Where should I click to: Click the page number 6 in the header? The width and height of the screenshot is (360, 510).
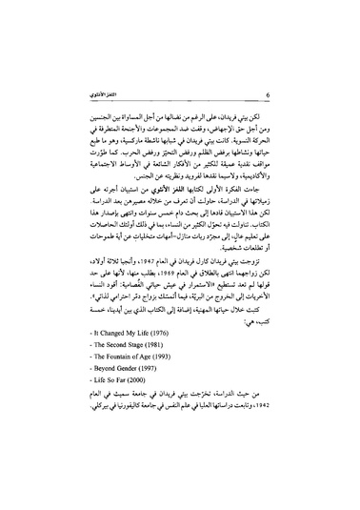(x=270, y=95)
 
